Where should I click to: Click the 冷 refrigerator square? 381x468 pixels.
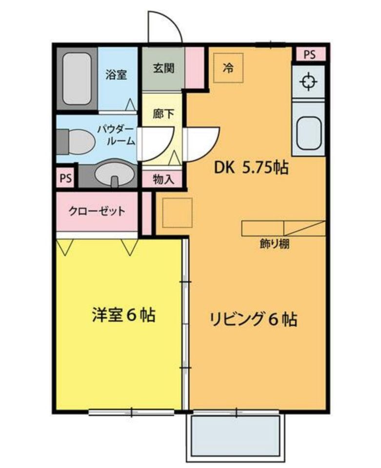[x=227, y=68]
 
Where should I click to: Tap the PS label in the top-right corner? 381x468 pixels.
[x=310, y=54]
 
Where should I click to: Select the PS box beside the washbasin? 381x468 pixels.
[x=65, y=178]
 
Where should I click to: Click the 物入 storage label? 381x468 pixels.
[x=163, y=179]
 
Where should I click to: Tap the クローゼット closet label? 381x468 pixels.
[x=97, y=212]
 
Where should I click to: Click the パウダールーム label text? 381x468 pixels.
[x=116, y=135]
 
